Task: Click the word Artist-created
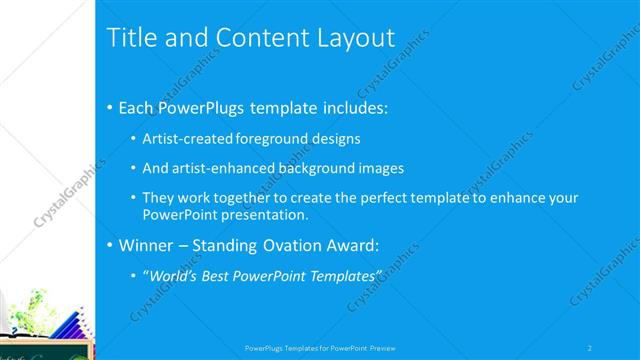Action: pyautogui.click(x=189, y=138)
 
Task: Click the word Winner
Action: pyautogui.click(x=146, y=245)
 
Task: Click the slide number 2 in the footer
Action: pyautogui.click(x=591, y=348)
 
